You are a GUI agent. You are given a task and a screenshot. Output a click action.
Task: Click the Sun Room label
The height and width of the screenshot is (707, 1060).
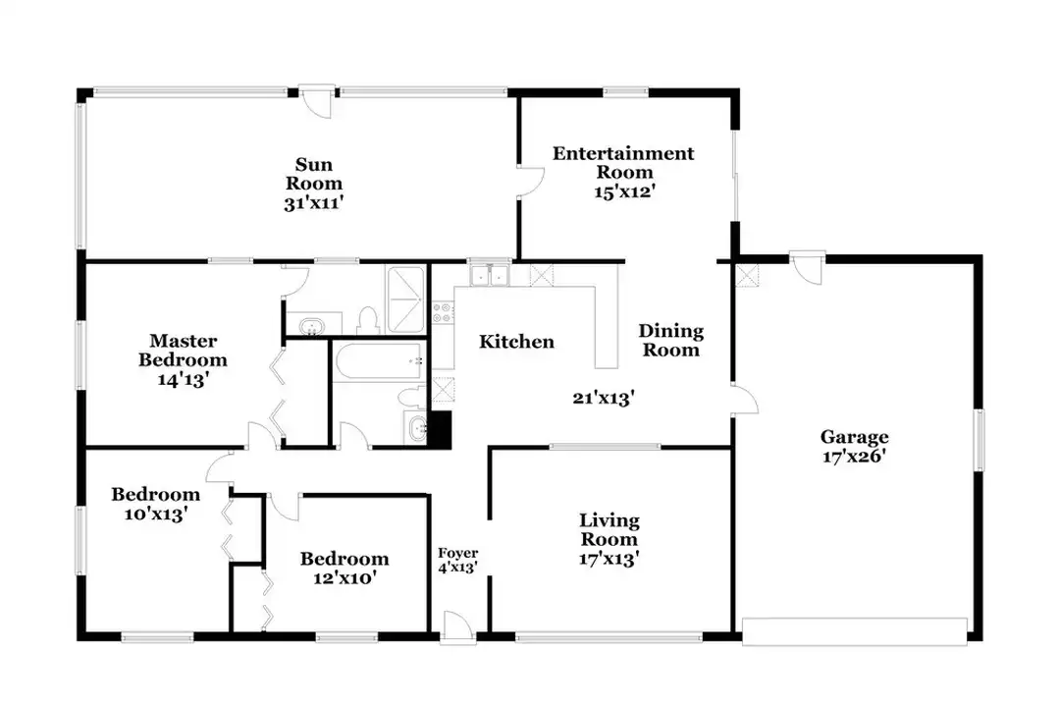pyautogui.click(x=314, y=174)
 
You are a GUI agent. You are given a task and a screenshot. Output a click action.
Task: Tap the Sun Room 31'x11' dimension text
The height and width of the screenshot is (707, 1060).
pyautogui.click(x=314, y=203)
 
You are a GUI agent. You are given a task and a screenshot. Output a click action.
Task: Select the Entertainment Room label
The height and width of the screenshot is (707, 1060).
pyautogui.click(x=623, y=162)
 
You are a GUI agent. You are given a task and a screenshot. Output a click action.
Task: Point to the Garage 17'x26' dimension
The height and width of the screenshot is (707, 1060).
pyautogui.click(x=854, y=456)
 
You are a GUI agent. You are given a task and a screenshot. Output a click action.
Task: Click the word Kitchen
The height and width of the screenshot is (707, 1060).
pyautogui.click(x=516, y=342)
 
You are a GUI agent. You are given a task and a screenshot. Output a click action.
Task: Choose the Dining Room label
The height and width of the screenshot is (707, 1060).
pyautogui.click(x=671, y=341)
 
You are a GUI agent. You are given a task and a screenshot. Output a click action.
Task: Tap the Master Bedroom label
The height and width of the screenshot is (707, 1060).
pyautogui.click(x=183, y=350)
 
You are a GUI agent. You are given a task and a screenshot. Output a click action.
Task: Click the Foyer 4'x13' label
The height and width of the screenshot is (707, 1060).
pyautogui.click(x=457, y=561)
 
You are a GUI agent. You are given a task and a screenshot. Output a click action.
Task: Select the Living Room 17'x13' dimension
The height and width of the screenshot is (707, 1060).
pyautogui.click(x=609, y=559)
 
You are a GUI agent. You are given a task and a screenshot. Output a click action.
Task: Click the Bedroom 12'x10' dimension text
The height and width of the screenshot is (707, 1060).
pyautogui.click(x=344, y=578)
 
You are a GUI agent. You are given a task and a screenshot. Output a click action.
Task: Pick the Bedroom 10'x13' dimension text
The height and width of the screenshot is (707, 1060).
pyautogui.click(x=155, y=515)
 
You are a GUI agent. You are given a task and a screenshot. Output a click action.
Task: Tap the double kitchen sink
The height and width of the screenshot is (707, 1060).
pyautogui.click(x=490, y=275)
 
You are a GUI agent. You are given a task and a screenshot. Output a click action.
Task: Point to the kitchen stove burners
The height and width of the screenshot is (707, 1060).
pyautogui.click(x=443, y=312)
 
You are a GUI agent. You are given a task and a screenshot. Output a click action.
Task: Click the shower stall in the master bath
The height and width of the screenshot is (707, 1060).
pyautogui.click(x=405, y=299)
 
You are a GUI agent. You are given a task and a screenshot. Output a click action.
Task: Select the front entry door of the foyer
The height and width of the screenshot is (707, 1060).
pyautogui.click(x=458, y=625)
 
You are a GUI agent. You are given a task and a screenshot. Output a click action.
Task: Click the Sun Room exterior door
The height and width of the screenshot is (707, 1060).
pyautogui.click(x=316, y=101)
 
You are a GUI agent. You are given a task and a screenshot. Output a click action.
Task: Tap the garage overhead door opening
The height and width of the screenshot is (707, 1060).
pyautogui.click(x=855, y=630)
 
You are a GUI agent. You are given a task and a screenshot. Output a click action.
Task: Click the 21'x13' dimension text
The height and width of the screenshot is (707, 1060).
pyautogui.click(x=603, y=398)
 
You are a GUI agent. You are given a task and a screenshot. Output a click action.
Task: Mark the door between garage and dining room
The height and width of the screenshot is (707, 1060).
pyautogui.click(x=744, y=399)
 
